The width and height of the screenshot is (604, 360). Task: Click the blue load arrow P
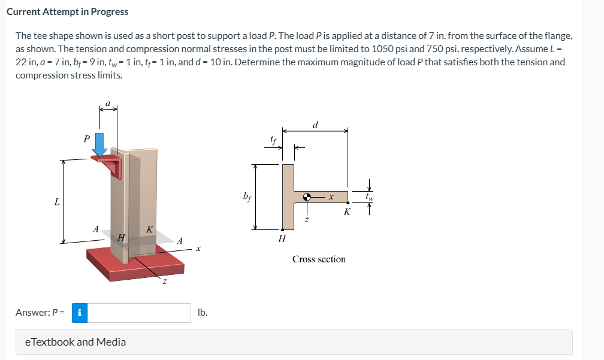tap(100, 145)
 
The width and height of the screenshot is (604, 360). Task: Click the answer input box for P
tap(139, 313)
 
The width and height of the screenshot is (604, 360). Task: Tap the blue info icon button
tap(80, 313)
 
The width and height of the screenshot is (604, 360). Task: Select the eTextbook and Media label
tap(75, 342)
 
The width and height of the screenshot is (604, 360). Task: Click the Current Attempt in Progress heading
tap(67, 11)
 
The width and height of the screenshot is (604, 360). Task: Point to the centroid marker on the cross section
tap(307, 197)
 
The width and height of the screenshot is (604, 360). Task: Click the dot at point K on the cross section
tap(348, 202)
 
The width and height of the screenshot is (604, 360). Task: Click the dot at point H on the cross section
tap(282, 230)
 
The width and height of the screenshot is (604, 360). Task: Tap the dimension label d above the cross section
tap(315, 125)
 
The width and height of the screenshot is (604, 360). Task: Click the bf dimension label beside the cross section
tap(247, 196)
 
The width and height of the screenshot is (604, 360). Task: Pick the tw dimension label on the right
tap(369, 197)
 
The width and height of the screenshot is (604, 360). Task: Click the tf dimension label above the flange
tap(273, 140)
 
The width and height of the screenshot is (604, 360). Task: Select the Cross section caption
tap(319, 259)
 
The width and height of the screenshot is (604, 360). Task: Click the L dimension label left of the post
tap(57, 202)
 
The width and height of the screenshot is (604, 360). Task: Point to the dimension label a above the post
tap(108, 103)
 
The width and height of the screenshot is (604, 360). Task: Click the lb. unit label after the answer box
tap(203, 313)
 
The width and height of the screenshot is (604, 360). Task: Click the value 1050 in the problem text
tap(382, 49)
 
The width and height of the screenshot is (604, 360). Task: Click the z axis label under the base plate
tap(164, 282)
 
